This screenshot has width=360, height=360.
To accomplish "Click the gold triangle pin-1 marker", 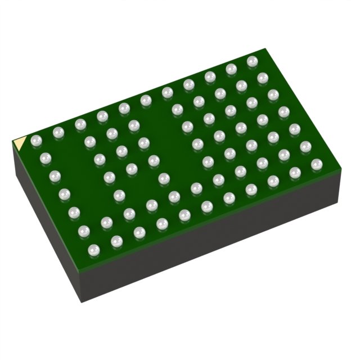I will click(x=19, y=143).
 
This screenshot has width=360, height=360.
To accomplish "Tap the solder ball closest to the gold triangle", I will click(x=37, y=140).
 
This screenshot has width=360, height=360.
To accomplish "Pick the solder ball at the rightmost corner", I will click(x=317, y=164).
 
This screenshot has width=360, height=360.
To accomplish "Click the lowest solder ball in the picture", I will click(x=93, y=248).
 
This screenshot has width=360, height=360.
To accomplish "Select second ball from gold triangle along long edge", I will click(x=58, y=133).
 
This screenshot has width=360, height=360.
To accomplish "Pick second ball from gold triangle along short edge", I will click(x=45, y=157).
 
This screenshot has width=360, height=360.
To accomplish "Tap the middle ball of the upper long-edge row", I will click(x=145, y=101).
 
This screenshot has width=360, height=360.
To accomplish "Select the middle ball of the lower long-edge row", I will click(x=206, y=206).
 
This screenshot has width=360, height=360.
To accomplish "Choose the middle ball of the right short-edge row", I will click(x=283, y=111).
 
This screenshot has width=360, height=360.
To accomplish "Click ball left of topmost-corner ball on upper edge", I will click(x=231, y=69).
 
